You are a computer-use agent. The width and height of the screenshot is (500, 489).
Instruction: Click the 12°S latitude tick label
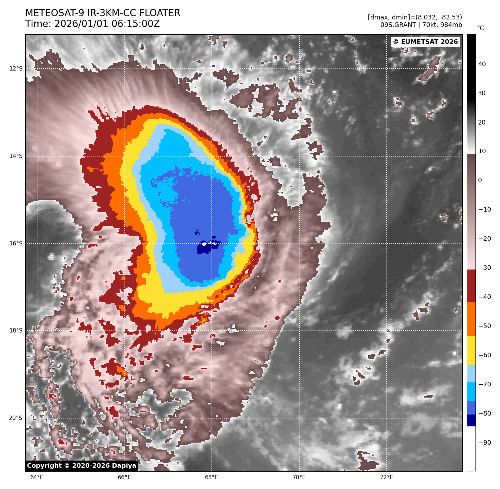click(15, 69)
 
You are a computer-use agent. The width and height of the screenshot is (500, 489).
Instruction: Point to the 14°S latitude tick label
click(15, 156)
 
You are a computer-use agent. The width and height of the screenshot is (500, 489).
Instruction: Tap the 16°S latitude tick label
click(15, 244)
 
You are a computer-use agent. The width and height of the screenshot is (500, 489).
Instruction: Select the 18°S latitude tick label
click(15, 331)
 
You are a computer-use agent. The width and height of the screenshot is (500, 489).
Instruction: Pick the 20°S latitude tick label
click(15, 418)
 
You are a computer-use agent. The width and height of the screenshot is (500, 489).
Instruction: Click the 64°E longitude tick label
click(37, 477)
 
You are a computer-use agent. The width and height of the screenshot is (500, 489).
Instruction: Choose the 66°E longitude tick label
click(124, 477)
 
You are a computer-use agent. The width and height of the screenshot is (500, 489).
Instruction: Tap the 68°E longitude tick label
click(211, 477)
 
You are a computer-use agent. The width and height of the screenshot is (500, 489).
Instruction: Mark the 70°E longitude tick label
click(299, 477)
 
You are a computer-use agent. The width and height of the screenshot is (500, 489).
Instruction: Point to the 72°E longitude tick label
click(387, 477)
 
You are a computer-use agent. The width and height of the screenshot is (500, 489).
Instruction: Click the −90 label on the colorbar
click(485, 443)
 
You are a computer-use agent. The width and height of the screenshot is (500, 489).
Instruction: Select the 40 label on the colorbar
click(482, 64)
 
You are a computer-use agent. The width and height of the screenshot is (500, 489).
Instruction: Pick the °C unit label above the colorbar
click(481, 28)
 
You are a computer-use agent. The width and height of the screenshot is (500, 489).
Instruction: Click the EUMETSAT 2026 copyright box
click(425, 42)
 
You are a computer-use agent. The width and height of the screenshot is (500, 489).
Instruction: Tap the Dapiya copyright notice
click(82, 466)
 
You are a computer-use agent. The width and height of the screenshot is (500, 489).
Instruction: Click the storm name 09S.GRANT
click(398, 25)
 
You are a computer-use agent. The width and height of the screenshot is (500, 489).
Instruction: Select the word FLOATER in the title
click(160, 13)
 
